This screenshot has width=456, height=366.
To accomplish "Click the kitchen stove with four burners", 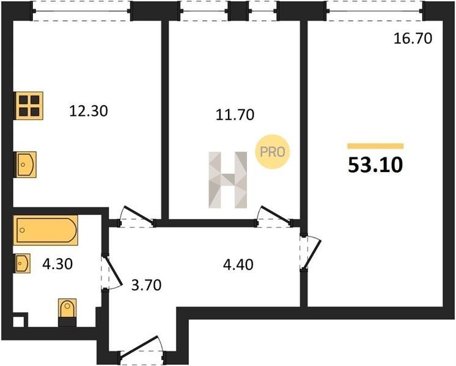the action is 29,106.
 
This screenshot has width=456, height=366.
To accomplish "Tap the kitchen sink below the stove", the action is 26,165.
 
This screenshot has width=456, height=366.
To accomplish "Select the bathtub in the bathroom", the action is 46,230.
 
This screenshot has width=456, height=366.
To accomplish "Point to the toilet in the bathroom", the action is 67,309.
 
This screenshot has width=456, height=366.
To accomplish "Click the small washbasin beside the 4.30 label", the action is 23,264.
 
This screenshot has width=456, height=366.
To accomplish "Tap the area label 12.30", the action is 89,111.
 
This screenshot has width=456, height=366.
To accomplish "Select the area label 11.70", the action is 235,115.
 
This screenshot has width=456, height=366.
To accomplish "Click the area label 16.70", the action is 413,38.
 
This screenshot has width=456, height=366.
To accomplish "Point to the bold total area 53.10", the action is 375,165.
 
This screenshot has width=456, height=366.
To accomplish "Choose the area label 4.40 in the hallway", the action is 238,264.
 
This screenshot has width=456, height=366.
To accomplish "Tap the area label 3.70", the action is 146,285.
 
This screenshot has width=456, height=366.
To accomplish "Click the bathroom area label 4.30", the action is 57,264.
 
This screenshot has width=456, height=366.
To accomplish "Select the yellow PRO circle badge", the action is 273,152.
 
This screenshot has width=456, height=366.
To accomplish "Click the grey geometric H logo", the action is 228,180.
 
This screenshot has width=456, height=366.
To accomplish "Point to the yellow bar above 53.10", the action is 375,146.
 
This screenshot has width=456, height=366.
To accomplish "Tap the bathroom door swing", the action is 111,271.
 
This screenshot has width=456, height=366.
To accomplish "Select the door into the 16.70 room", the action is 311,253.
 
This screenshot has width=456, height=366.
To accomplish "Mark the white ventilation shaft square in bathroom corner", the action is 18,321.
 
